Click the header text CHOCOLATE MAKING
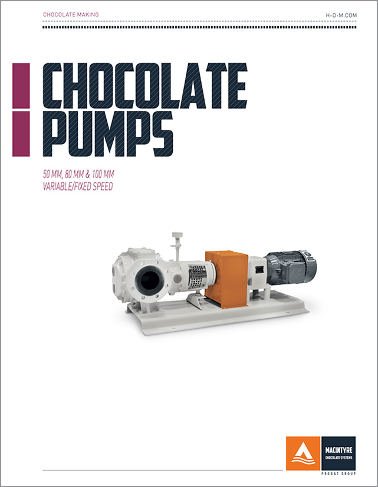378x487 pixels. point(71,14)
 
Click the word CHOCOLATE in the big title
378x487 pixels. point(144,86)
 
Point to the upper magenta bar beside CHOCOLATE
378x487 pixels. point(21,86)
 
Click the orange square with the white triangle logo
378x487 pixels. point(303,453)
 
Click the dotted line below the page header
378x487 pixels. point(199,27)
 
